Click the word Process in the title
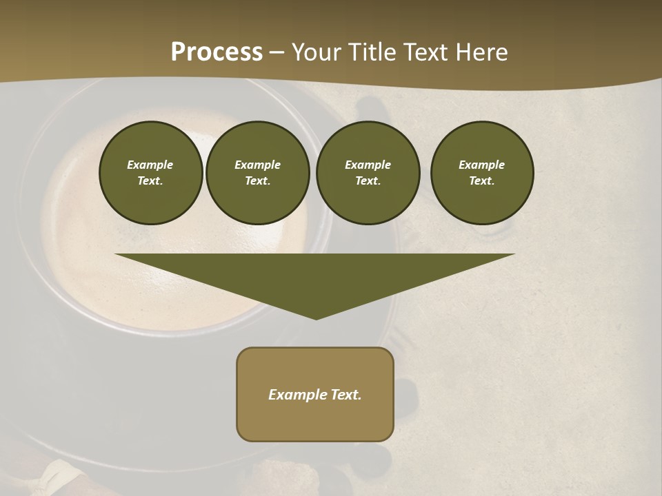click(x=217, y=52)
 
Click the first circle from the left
click(x=150, y=173)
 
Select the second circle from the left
click(x=257, y=173)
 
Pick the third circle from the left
click(x=368, y=173)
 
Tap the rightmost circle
click(x=482, y=173)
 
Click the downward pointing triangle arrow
click(x=315, y=276)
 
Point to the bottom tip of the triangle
click(x=316, y=318)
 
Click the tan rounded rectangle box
click(x=315, y=394)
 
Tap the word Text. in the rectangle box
click(x=345, y=395)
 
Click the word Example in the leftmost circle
click(x=150, y=165)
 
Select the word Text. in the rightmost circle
click(x=482, y=181)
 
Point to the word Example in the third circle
click(x=368, y=165)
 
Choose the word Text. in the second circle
click(x=257, y=181)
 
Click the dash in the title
click(x=277, y=52)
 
